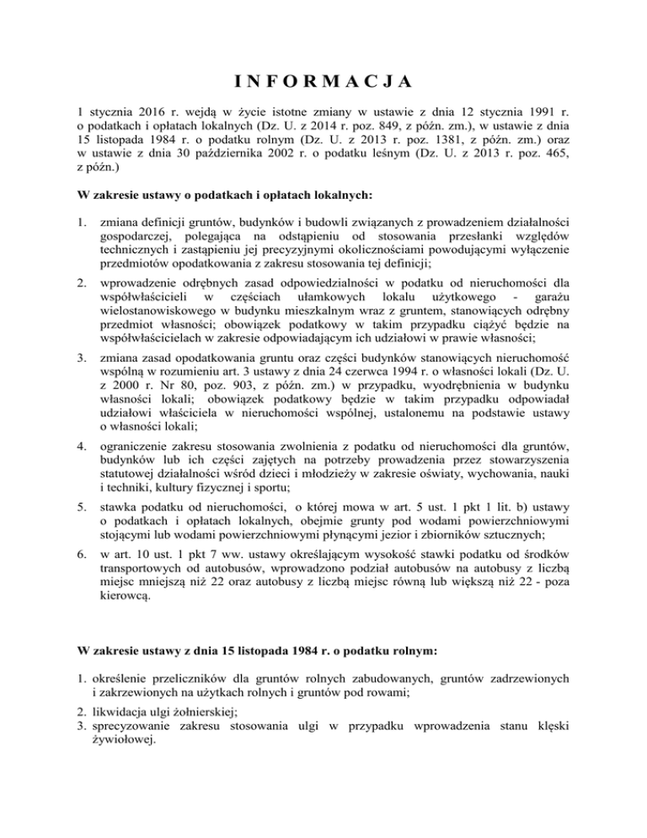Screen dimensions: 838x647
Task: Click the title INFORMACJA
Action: tap(323, 82)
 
